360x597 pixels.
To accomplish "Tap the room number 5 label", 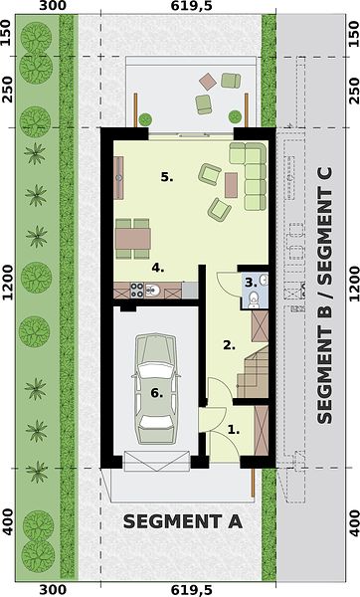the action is (x=167, y=177).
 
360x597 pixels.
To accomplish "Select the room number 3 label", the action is (x=252, y=283).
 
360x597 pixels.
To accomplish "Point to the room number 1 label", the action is (x=234, y=430).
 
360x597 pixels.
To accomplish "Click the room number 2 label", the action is (x=229, y=345).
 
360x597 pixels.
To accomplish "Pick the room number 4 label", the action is (x=158, y=268).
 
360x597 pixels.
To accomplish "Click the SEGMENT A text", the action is (x=183, y=521).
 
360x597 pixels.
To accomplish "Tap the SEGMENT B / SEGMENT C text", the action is (x=324, y=296).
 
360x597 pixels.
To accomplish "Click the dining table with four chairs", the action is (x=133, y=239).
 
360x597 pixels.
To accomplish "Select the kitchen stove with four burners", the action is (x=137, y=290).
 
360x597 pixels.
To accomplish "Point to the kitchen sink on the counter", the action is (x=152, y=291).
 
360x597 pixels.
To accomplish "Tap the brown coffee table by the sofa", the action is (x=231, y=185).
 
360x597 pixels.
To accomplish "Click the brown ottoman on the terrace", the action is (x=208, y=82).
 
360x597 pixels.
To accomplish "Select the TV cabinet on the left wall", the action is (x=119, y=178).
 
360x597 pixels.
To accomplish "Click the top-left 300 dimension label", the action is (x=52, y=6).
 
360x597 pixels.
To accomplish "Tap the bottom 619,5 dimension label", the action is (x=191, y=590).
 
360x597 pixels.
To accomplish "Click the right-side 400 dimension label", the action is (x=353, y=523).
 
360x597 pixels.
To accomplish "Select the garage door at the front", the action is (x=157, y=461).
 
